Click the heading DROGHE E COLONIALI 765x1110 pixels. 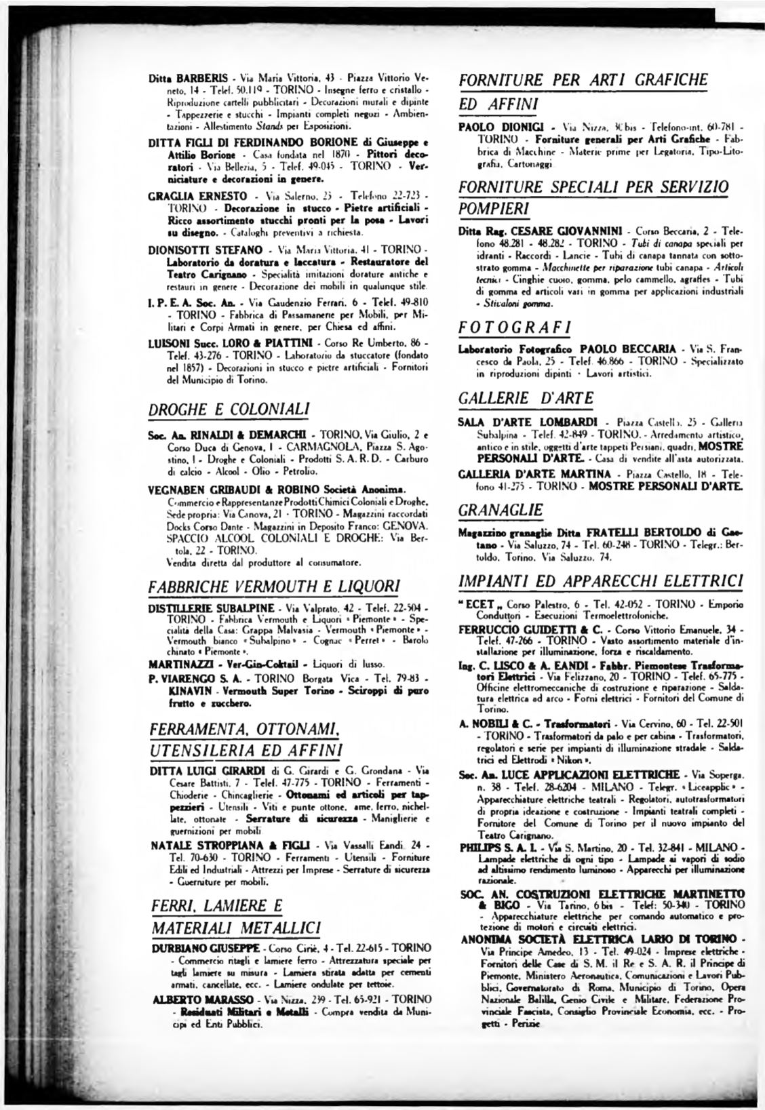pyautogui.click(x=229, y=409)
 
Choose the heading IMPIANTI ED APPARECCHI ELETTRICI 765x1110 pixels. pyautogui.click(x=601, y=581)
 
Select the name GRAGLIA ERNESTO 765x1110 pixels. pyautogui.click(x=188, y=196)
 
